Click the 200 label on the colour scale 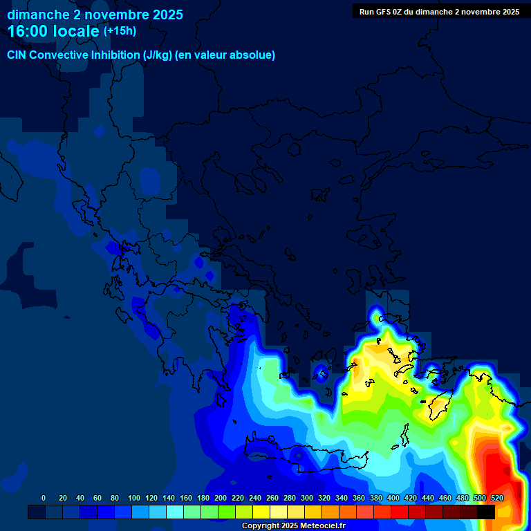[221, 498]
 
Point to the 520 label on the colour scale [496, 498]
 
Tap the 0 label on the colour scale [44, 498]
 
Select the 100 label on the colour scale [134, 498]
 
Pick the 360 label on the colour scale [359, 498]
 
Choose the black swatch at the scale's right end [486, 512]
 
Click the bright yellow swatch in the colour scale [261, 512]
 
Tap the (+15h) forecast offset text [120, 31]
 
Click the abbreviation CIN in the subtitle [17, 55]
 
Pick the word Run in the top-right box [366, 12]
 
